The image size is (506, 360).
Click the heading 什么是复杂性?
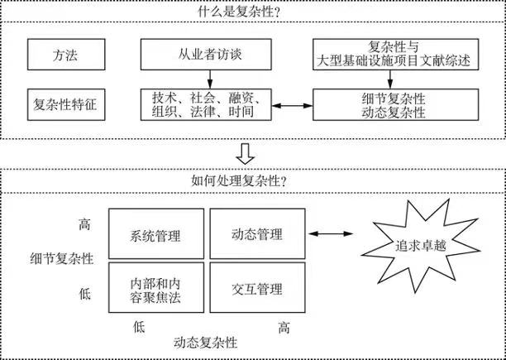click(x=252, y=10)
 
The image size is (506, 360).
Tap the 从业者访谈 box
click(x=212, y=55)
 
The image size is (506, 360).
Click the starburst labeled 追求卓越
click(x=413, y=246)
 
